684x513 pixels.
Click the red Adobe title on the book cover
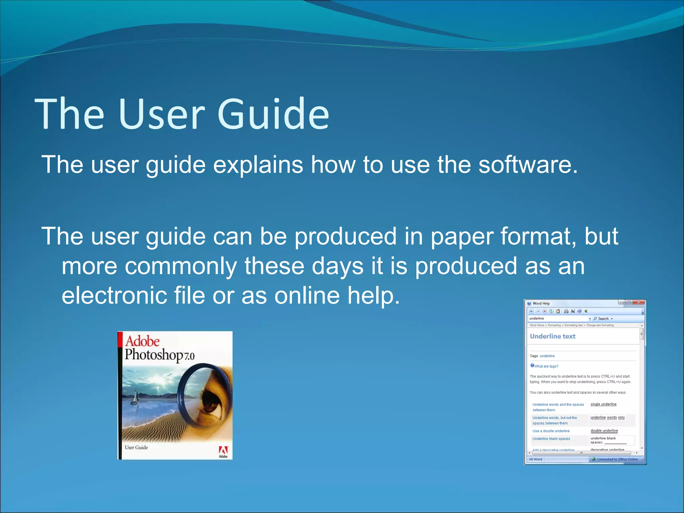(x=142, y=341)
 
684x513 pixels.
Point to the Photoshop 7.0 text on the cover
(x=159, y=355)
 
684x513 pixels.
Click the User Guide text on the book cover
(x=136, y=448)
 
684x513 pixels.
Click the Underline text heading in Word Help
(x=552, y=336)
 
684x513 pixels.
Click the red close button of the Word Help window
(x=639, y=302)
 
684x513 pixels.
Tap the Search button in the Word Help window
(x=603, y=319)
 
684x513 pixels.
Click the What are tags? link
(x=546, y=366)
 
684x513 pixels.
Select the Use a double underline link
(x=551, y=431)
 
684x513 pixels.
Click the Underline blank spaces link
(x=551, y=439)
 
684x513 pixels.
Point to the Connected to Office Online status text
(x=617, y=459)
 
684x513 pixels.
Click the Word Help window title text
(x=541, y=303)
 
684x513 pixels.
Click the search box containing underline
(x=558, y=319)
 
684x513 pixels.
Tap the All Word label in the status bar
(x=535, y=459)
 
